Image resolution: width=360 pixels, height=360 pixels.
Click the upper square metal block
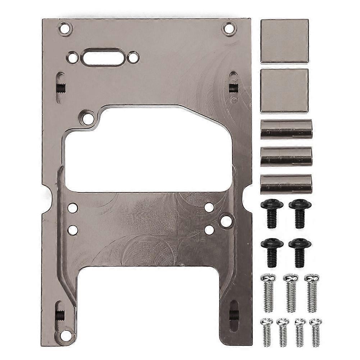(x=284, y=41)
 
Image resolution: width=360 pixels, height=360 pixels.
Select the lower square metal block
(x=284, y=90)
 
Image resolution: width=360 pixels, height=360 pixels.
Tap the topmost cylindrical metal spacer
(x=286, y=129)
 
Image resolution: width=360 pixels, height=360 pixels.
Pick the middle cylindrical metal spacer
(x=286, y=156)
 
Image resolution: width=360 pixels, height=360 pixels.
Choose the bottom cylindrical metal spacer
(x=286, y=184)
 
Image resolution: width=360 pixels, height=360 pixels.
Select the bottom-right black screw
(x=300, y=252)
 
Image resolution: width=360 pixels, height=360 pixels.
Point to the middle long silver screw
(x=291, y=293)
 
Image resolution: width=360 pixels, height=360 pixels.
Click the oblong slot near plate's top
(x=103, y=58)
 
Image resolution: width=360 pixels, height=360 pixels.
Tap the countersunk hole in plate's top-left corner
(x=65, y=28)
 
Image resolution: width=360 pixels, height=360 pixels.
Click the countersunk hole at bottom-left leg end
(x=65, y=335)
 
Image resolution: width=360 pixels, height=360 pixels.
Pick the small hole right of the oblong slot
(x=133, y=57)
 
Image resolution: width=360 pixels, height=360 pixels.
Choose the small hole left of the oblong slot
(x=73, y=57)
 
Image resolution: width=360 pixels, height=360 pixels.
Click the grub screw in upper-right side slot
(x=234, y=87)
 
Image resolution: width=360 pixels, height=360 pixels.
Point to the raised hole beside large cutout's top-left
(x=88, y=118)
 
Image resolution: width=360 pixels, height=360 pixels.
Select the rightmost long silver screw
(x=312, y=293)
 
